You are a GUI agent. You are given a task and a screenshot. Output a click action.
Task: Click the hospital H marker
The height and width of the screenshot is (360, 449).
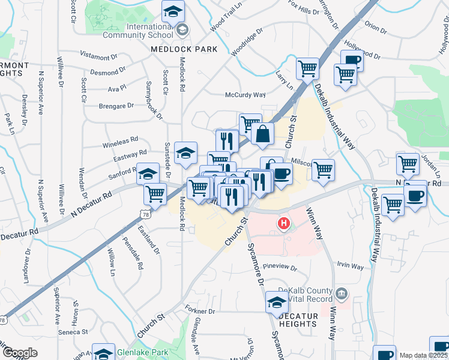pyautogui.click(x=283, y=225)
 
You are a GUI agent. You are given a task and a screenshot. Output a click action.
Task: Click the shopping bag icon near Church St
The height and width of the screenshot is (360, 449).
pyautogui.click(x=263, y=134)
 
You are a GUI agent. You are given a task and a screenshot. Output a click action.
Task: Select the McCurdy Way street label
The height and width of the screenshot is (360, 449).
pyautogui.click(x=245, y=95)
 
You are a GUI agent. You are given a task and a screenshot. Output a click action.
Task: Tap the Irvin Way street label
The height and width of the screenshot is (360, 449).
pyautogui.click(x=351, y=266)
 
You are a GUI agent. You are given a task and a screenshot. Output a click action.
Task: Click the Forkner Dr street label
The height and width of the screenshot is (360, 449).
pyautogui.click(x=200, y=311)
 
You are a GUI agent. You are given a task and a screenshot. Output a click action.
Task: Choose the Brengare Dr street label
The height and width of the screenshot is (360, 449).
pyautogui.click(x=117, y=106)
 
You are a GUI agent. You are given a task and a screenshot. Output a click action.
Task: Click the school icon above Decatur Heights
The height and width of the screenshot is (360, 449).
pyautogui.click(x=277, y=302)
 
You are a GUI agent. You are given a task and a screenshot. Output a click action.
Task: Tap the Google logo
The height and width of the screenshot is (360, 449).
pyautogui.click(x=20, y=353)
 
